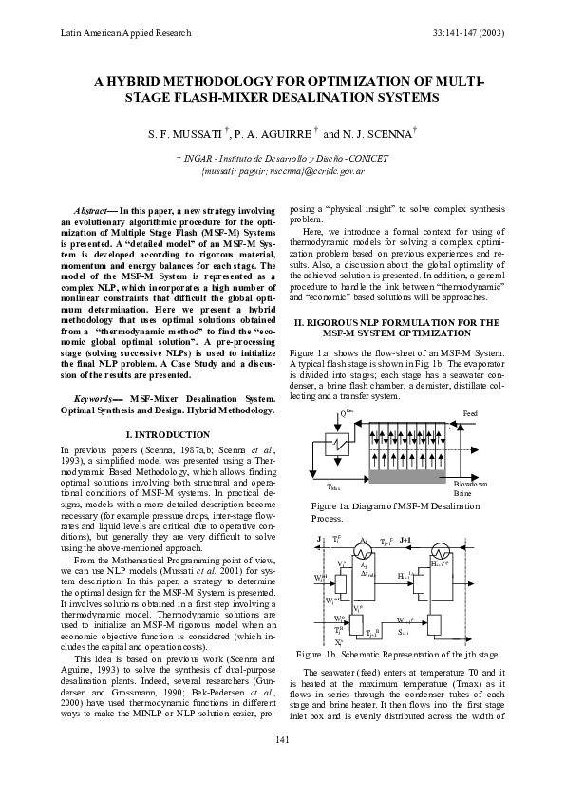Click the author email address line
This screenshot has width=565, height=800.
(283, 170)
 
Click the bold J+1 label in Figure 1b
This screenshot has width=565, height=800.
(405, 539)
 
